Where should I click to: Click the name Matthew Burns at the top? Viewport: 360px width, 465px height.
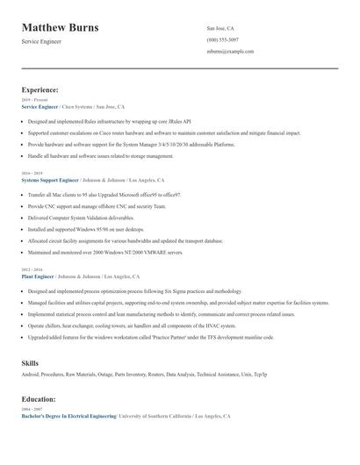tap(60, 28)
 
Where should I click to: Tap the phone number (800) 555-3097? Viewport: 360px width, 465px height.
tap(222, 39)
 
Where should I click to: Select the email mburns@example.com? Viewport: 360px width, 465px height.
tap(230, 51)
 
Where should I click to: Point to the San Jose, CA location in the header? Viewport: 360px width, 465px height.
tap(220, 28)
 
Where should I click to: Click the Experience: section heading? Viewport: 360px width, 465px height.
tap(40, 89)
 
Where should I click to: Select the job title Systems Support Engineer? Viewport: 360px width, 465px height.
tap(50, 179)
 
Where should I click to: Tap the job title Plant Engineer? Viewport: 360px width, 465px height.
tap(38, 275)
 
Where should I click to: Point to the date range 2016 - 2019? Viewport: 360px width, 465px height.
tap(32, 174)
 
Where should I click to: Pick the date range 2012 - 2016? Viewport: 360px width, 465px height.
tap(32, 270)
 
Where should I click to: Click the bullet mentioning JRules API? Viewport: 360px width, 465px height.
tap(110, 121)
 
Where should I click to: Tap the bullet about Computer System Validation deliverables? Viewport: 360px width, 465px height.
tap(81, 217)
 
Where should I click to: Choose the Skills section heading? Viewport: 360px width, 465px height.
tap(30, 362)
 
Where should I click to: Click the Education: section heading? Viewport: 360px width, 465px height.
tap(40, 399)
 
